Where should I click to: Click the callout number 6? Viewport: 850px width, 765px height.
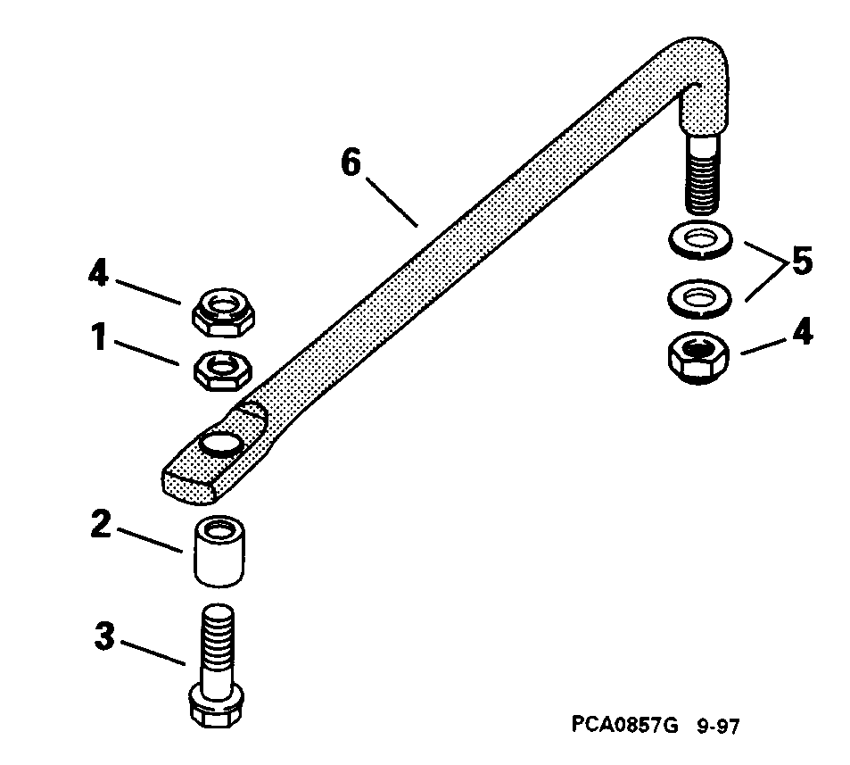tap(352, 165)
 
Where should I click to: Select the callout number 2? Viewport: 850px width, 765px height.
tap(101, 524)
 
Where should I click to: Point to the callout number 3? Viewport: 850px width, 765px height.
tap(106, 639)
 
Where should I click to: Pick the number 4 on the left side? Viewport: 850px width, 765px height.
tap(98, 272)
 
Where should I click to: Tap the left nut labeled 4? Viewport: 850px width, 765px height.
tap(223, 312)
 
